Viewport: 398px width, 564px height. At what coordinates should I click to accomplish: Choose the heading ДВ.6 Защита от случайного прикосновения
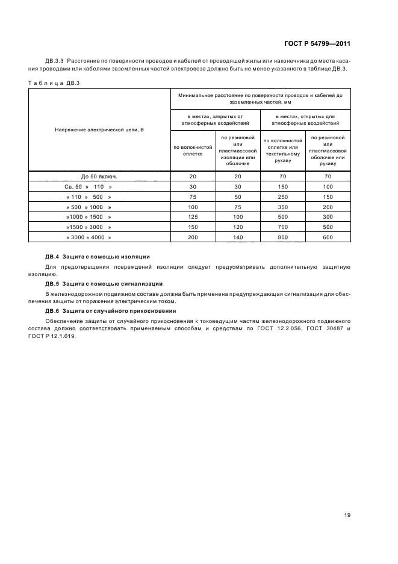(111, 310)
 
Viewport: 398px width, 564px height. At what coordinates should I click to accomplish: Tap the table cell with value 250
(283, 196)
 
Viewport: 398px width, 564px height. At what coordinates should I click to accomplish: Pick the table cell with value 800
(283, 237)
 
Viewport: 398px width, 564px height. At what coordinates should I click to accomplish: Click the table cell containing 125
(193, 217)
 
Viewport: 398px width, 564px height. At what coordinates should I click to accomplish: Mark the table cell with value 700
(283, 227)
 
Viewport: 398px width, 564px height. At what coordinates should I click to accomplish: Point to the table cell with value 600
(328, 237)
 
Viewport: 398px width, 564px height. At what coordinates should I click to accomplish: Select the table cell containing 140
(237, 237)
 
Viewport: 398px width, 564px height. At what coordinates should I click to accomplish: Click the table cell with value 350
(283, 207)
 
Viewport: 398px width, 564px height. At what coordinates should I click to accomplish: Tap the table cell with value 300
(328, 217)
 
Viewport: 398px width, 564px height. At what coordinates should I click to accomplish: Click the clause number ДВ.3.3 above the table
(56, 61)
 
